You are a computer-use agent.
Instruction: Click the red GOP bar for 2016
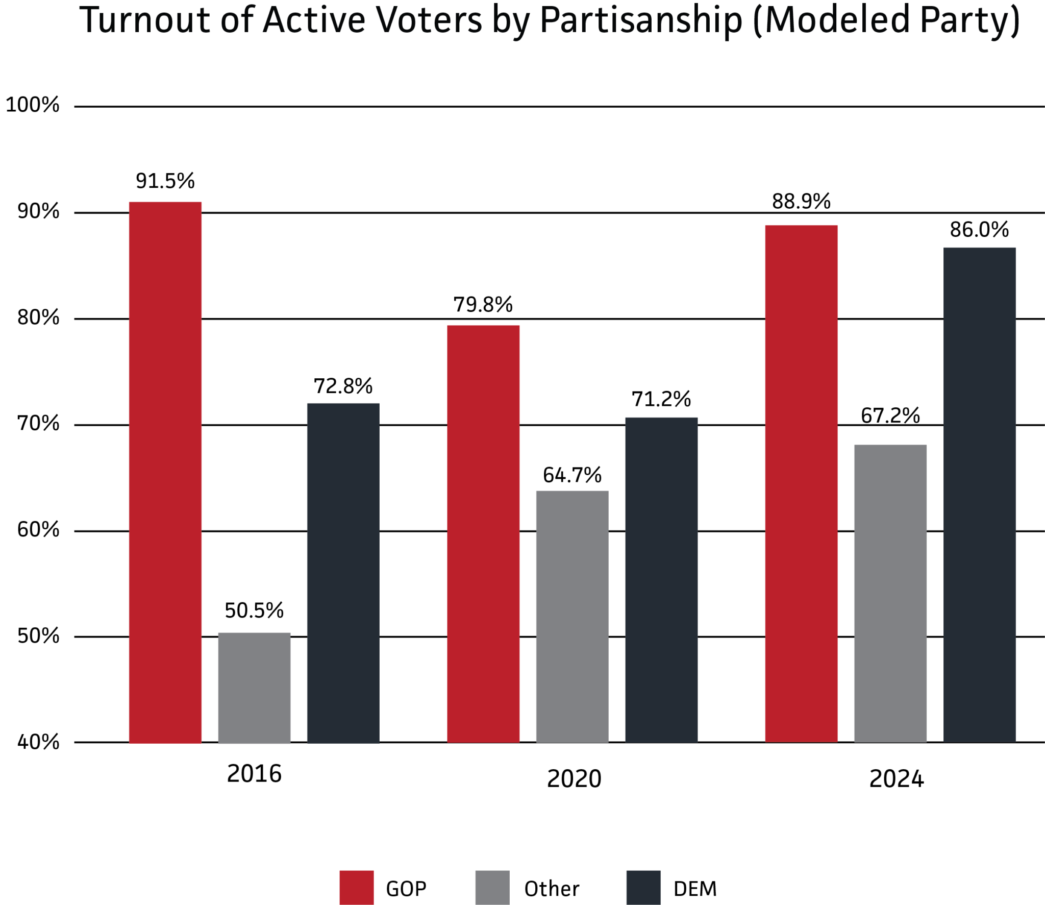tap(165, 472)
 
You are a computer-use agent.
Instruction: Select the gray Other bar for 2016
tap(254, 688)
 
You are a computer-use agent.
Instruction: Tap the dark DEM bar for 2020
tap(661, 580)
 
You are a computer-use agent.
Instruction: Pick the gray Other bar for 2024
tap(890, 594)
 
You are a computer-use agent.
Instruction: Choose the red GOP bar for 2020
tap(483, 534)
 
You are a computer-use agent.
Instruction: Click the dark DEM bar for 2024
tap(979, 495)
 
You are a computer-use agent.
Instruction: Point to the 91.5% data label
tap(165, 181)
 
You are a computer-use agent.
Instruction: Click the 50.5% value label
tap(254, 610)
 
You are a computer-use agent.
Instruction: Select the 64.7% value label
tap(572, 475)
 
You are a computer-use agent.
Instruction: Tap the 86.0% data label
tap(979, 230)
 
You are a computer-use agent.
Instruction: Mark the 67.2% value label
tap(890, 415)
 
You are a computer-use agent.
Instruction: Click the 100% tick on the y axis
tap(33, 105)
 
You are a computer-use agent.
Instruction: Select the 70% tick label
tap(38, 423)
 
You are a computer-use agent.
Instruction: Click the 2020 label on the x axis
tap(574, 779)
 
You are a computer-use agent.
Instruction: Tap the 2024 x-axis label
tap(896, 779)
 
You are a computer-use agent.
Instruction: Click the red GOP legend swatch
tap(356, 888)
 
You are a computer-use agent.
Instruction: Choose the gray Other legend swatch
tap(492, 888)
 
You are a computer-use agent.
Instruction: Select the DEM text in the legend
tap(694, 889)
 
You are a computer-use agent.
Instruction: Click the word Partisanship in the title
tap(640, 20)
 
